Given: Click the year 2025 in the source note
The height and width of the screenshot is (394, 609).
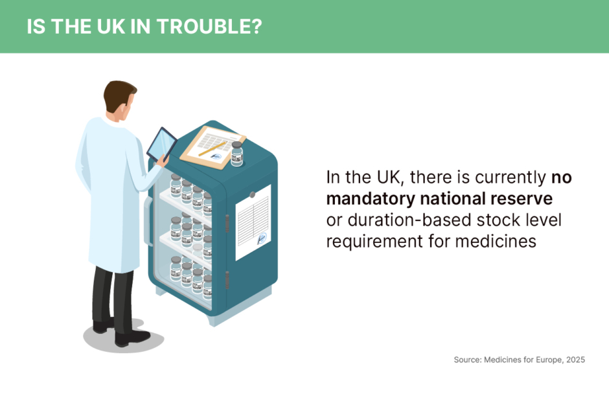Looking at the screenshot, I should (575, 359).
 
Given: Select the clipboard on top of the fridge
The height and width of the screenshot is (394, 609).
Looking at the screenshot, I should (212, 146).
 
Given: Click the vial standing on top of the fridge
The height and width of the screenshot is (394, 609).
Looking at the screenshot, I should (236, 154).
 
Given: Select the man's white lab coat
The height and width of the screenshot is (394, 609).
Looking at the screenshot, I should (109, 194).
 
